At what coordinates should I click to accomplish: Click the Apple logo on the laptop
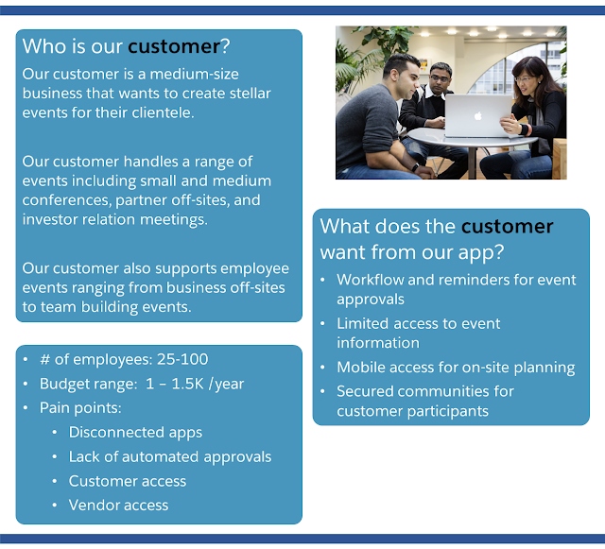point(478,115)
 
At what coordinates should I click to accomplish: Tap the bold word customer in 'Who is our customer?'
point(174,46)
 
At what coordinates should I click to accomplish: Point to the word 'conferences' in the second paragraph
point(66,200)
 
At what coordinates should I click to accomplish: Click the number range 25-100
point(182,360)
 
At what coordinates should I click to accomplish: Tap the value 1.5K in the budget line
point(187,384)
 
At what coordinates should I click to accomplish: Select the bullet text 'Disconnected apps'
point(135,433)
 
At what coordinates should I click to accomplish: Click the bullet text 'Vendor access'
point(118,506)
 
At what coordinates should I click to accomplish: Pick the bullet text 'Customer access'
point(128,481)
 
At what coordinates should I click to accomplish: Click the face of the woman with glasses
point(526,79)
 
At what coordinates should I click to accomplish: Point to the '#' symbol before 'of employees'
point(44,360)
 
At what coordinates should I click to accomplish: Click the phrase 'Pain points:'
point(80,408)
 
